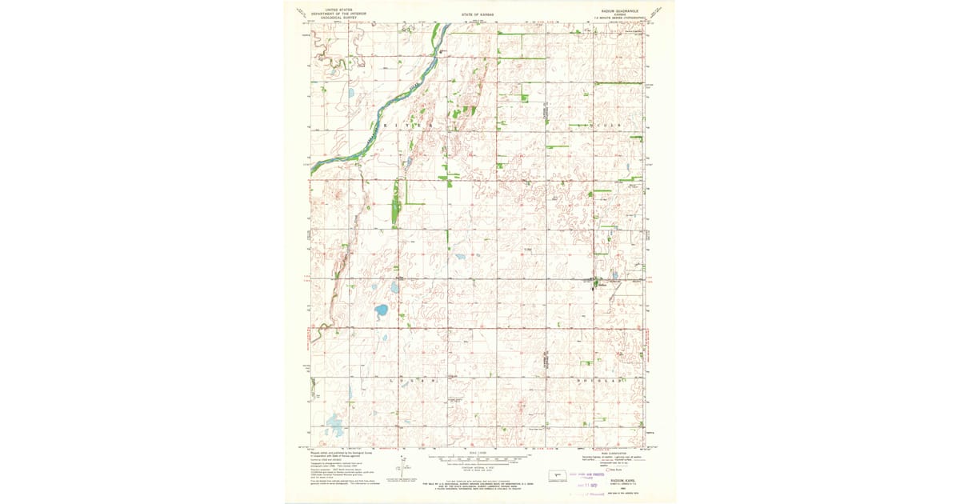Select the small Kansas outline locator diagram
(556, 474)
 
